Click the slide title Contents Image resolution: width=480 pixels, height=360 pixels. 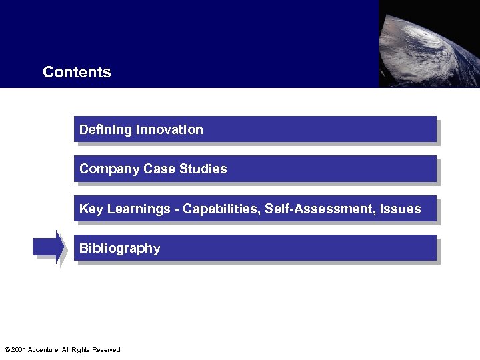tap(77, 72)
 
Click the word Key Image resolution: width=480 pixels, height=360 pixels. tap(91, 209)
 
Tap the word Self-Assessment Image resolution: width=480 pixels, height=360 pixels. tap(320, 209)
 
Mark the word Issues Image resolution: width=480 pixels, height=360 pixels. tap(401, 209)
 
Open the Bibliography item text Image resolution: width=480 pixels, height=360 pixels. tap(120, 249)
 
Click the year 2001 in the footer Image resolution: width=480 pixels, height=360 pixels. tap(19, 350)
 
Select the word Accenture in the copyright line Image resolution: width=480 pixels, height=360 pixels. tap(43, 350)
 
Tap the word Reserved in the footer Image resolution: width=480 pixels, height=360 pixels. tap(107, 350)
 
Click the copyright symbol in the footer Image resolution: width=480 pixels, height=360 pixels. tap(7, 350)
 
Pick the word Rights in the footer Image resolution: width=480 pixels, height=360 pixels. tap(80, 350)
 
